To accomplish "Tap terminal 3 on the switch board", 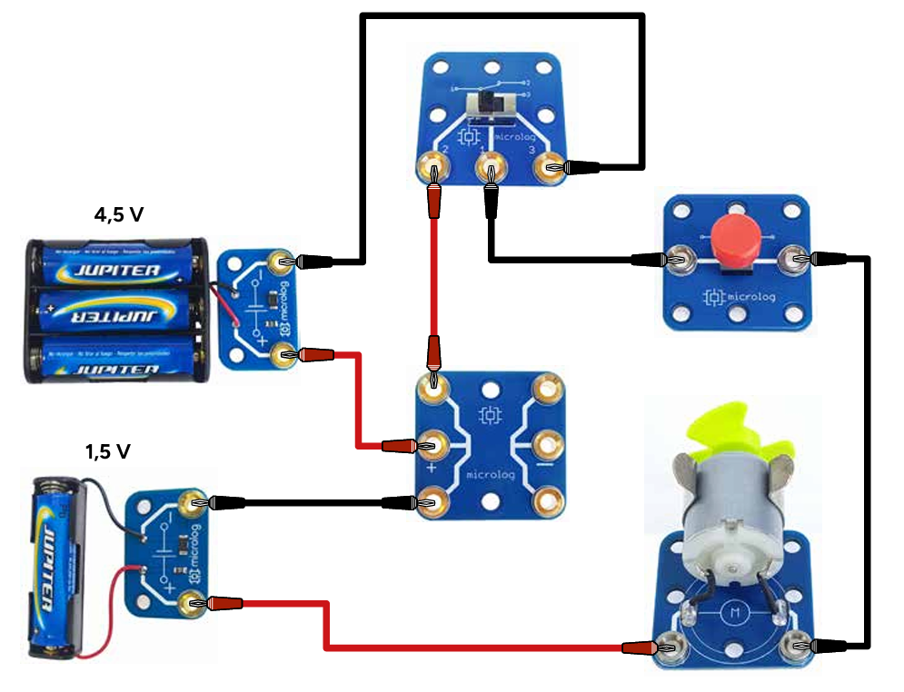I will click(x=551, y=167).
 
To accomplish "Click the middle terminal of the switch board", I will click(x=492, y=167).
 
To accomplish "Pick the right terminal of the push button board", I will click(x=797, y=260).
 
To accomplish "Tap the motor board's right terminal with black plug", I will click(x=798, y=646).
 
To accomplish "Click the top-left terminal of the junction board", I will click(x=433, y=389).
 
